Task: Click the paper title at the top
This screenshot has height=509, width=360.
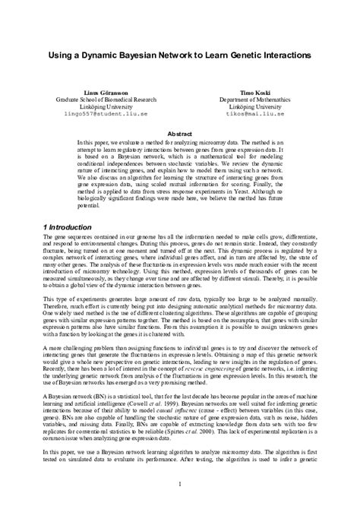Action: pos(180,56)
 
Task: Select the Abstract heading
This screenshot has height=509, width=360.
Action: pos(179,132)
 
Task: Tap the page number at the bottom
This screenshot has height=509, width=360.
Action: pos(180,485)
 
